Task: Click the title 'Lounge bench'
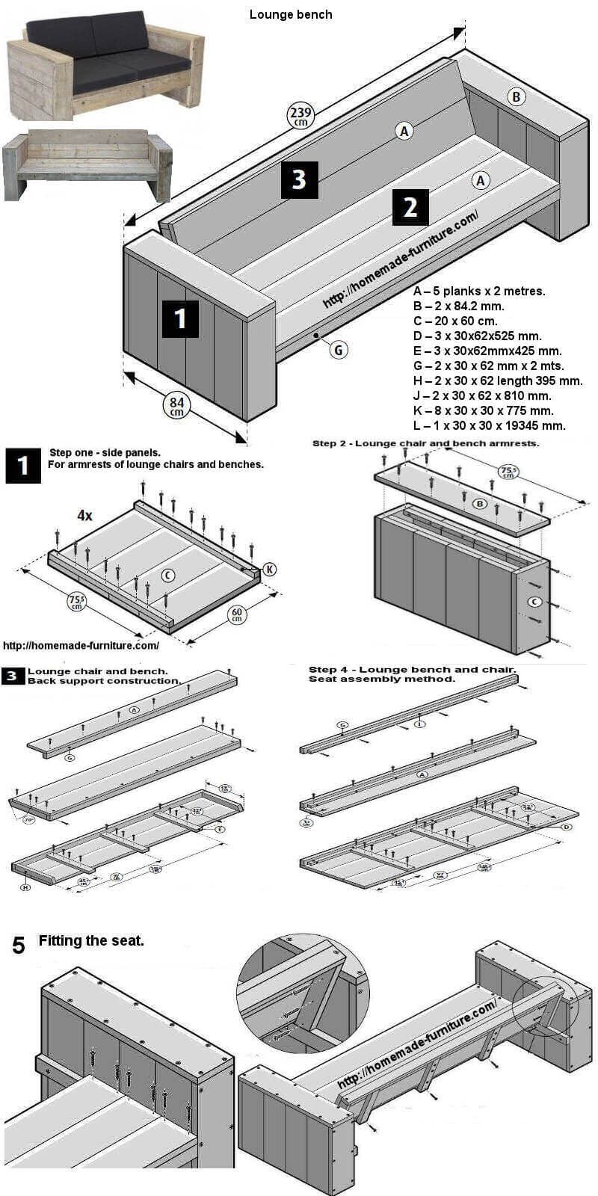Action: pyautogui.click(x=291, y=14)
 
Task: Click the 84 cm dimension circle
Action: pyautogui.click(x=176, y=407)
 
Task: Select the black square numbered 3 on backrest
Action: pyautogui.click(x=299, y=179)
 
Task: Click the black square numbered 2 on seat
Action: pyautogui.click(x=410, y=207)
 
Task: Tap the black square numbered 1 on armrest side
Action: pyautogui.click(x=179, y=318)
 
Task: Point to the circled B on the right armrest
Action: pyautogui.click(x=515, y=96)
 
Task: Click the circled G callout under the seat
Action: pyautogui.click(x=339, y=349)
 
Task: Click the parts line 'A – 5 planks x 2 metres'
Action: pyautogui.click(x=479, y=291)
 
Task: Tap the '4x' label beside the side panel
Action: pyautogui.click(x=84, y=515)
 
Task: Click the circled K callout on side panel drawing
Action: pyautogui.click(x=269, y=569)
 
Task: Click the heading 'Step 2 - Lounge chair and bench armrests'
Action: pyautogui.click(x=425, y=443)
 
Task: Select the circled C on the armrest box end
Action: pyautogui.click(x=535, y=602)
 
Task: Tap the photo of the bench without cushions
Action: pyautogui.click(x=87, y=166)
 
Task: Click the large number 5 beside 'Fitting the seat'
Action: pyautogui.click(x=19, y=946)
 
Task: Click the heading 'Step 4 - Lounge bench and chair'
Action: pyautogui.click(x=412, y=669)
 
